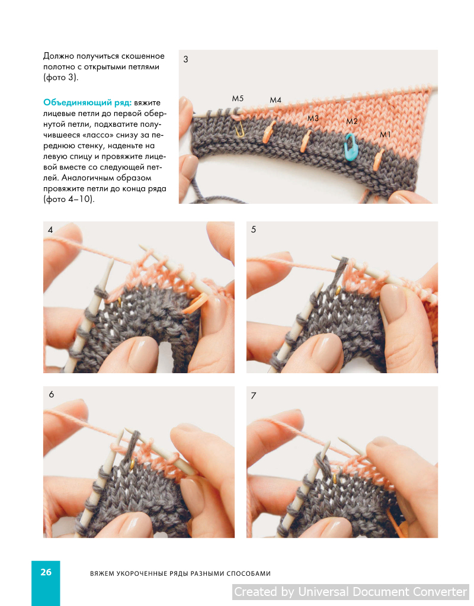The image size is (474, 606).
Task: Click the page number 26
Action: coord(46,572)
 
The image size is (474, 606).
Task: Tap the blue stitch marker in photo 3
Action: coord(351,146)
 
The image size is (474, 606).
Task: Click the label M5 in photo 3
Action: coord(238,98)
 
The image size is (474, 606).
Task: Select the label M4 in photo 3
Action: coord(276,100)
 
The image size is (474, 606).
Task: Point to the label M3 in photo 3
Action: coord(313,118)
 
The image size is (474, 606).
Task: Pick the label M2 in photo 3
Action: coord(352,121)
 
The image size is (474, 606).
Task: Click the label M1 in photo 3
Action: coord(385,134)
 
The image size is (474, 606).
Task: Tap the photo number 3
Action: coord(185,59)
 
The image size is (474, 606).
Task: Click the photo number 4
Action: coord(50,230)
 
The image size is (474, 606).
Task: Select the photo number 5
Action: coord(253,230)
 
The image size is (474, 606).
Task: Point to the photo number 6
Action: coord(52,395)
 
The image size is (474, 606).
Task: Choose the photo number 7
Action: coord(253,396)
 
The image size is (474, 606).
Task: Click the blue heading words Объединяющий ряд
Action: coord(87,103)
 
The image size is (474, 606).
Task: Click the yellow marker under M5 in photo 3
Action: coord(240,129)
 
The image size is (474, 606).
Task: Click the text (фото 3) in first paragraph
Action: coord(60,77)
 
